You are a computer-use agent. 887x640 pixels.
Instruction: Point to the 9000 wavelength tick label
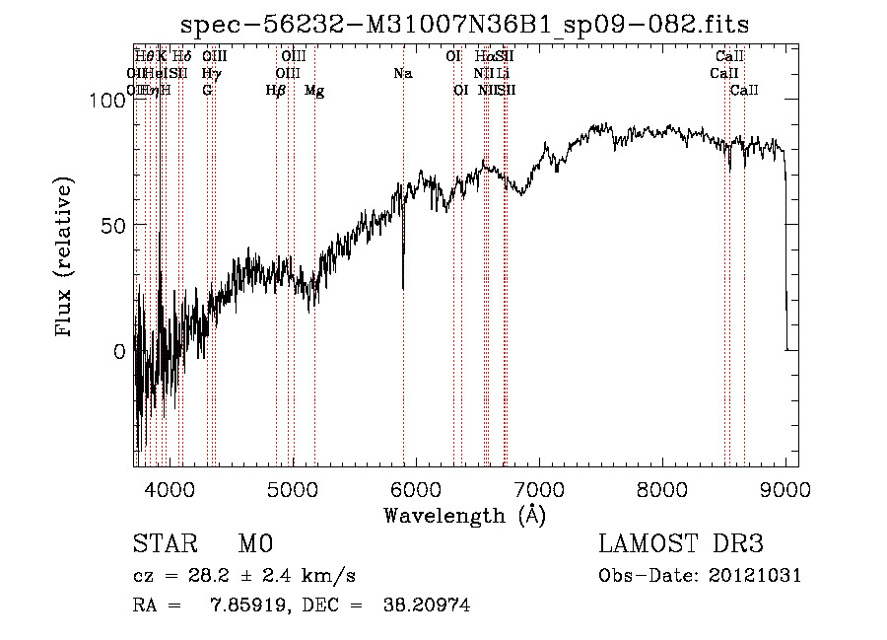point(785,488)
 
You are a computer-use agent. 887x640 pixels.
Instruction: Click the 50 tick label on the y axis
point(111,225)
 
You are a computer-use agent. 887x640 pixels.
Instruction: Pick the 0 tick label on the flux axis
point(118,351)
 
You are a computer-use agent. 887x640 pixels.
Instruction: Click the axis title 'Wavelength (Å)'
point(464,515)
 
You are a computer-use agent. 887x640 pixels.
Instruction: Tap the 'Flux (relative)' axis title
point(66,259)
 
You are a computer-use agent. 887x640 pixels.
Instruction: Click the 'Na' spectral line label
point(402,74)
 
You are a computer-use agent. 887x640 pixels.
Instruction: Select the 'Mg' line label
point(314,91)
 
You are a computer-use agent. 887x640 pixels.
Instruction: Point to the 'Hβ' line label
point(276,91)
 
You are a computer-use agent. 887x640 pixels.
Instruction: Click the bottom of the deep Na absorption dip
point(403,287)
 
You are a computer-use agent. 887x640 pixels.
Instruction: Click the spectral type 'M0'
point(254,545)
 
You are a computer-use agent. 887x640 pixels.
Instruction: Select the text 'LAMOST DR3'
point(681,545)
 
